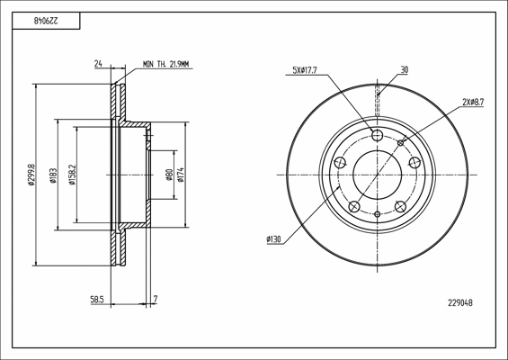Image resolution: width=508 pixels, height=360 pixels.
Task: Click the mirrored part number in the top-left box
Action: coord(46,21)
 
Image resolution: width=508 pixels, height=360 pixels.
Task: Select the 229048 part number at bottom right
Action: coord(460,303)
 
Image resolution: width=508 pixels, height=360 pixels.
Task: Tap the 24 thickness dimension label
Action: coord(98,64)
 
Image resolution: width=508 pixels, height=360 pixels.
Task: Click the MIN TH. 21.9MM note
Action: coord(165,64)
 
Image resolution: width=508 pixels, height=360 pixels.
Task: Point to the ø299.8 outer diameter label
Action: coord(31,175)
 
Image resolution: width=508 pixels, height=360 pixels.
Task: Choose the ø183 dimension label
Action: coord(53,175)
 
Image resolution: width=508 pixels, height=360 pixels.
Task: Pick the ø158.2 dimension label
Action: coord(72,175)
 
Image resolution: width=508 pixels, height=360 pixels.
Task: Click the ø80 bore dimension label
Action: coord(169,175)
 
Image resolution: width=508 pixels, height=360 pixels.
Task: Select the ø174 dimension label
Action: coord(181,175)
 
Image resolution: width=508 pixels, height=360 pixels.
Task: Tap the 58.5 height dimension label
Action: coord(96,300)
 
